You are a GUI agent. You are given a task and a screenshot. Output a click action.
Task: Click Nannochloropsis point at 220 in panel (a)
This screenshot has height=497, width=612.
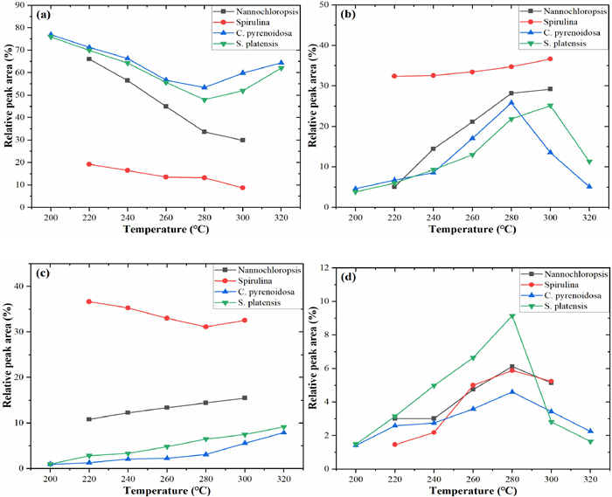tap(89, 59)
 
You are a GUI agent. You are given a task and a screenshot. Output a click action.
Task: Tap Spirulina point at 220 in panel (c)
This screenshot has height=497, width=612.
tap(89, 301)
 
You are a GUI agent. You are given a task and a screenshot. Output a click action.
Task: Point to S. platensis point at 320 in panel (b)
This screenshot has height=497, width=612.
tap(589, 162)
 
